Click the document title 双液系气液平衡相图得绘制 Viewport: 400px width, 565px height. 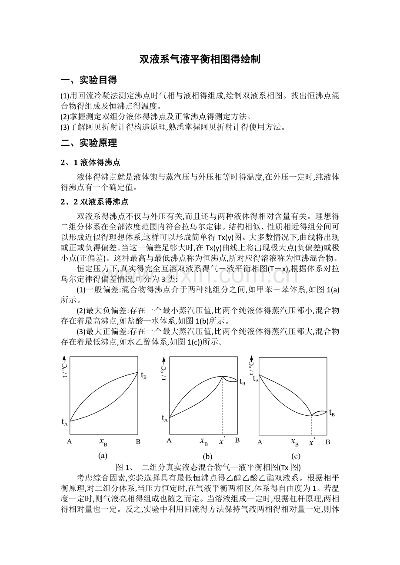[200, 59]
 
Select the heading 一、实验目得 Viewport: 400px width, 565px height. [89, 80]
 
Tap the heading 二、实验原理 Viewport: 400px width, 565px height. [89, 143]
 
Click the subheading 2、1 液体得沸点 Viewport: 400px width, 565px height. [90, 163]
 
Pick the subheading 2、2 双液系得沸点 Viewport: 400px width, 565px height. [94, 202]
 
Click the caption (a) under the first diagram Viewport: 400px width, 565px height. [103, 455]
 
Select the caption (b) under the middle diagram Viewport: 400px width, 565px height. [207, 456]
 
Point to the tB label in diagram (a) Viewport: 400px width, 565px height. [143, 375]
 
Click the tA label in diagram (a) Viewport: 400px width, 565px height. [64, 421]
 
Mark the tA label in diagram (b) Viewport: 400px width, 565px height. [165, 418]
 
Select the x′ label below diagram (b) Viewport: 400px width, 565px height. [222, 441]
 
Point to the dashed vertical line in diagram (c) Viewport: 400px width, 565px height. [312, 425]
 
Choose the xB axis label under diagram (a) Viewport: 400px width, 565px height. [103, 442]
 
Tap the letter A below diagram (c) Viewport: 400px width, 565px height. [260, 442]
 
